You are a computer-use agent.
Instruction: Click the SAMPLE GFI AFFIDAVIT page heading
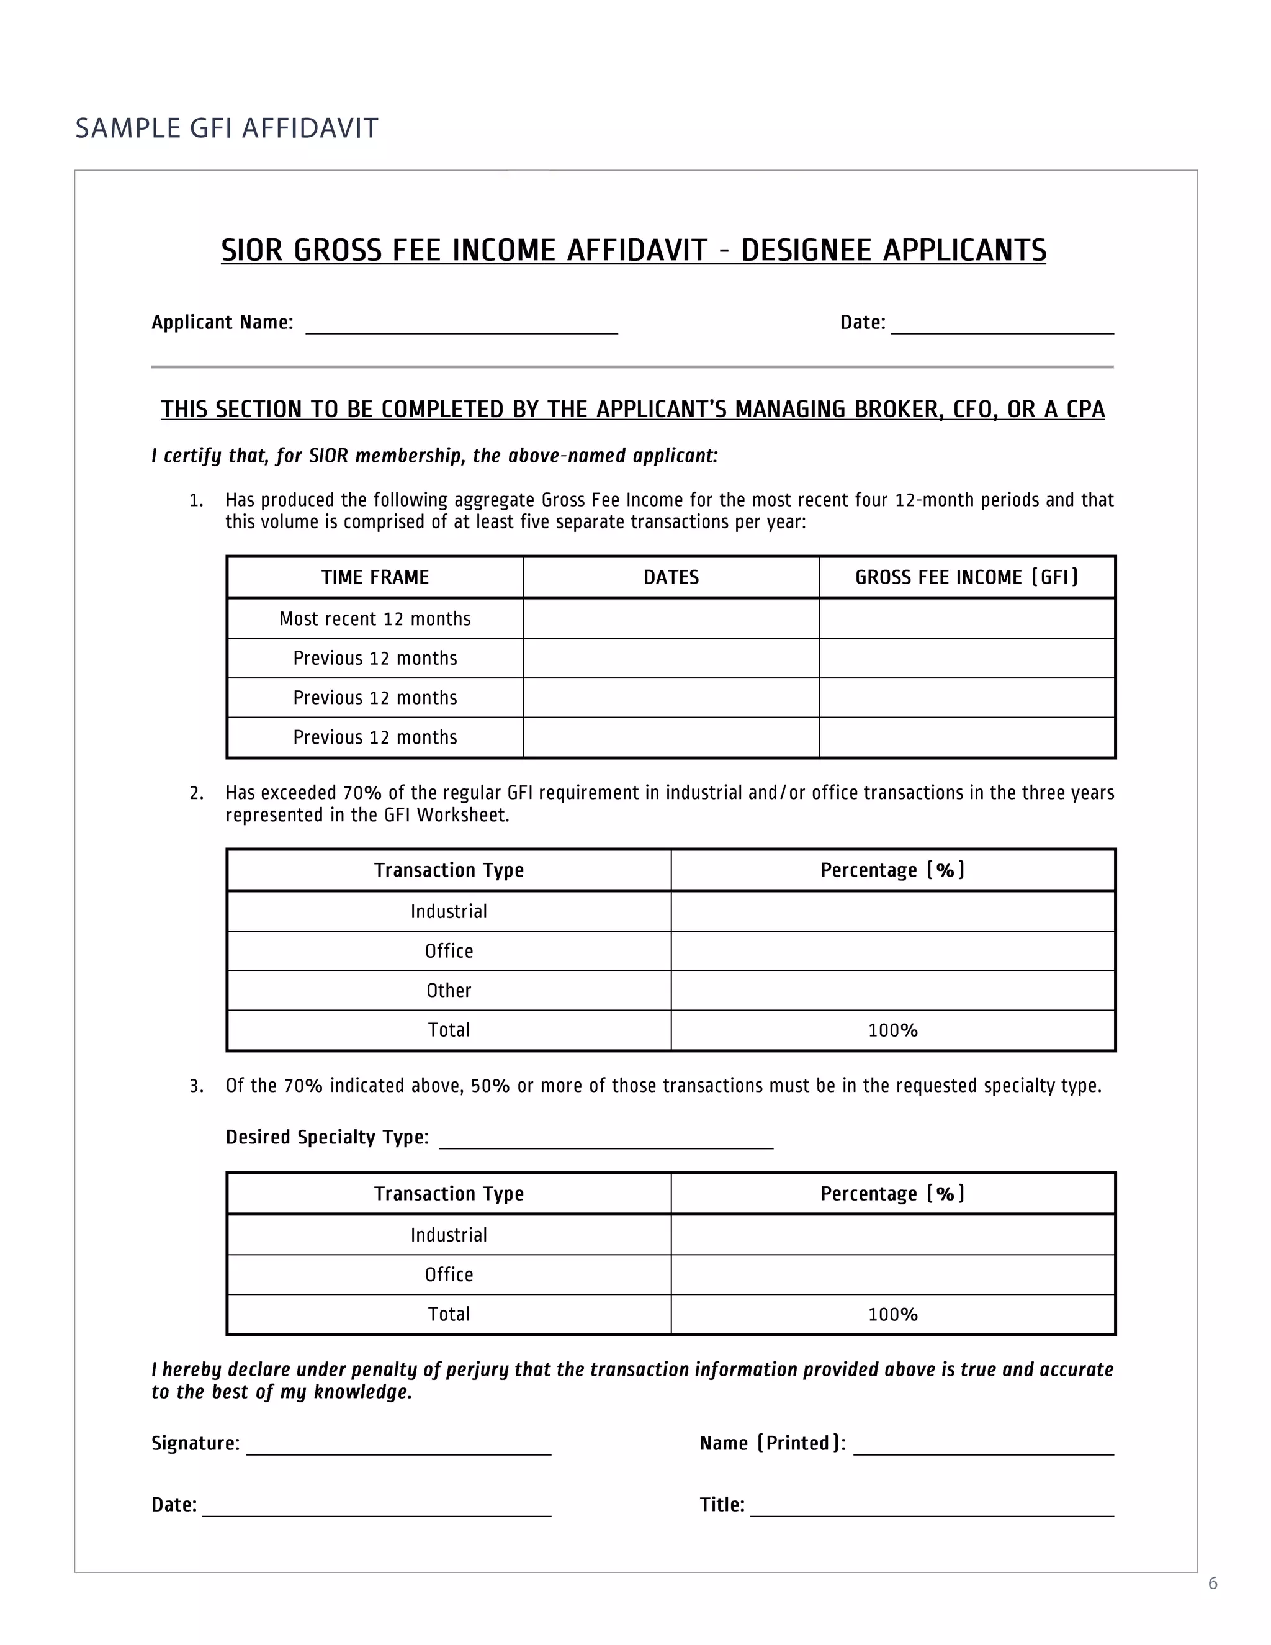[x=226, y=128]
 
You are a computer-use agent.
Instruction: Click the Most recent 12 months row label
[x=375, y=619]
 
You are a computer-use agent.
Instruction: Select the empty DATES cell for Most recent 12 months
[x=671, y=619]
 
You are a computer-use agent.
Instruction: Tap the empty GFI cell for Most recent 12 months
[x=967, y=619]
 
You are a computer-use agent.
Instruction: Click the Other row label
[x=449, y=991]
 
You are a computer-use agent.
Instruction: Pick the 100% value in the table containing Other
[x=892, y=1030]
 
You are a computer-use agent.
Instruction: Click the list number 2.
[x=197, y=793]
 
